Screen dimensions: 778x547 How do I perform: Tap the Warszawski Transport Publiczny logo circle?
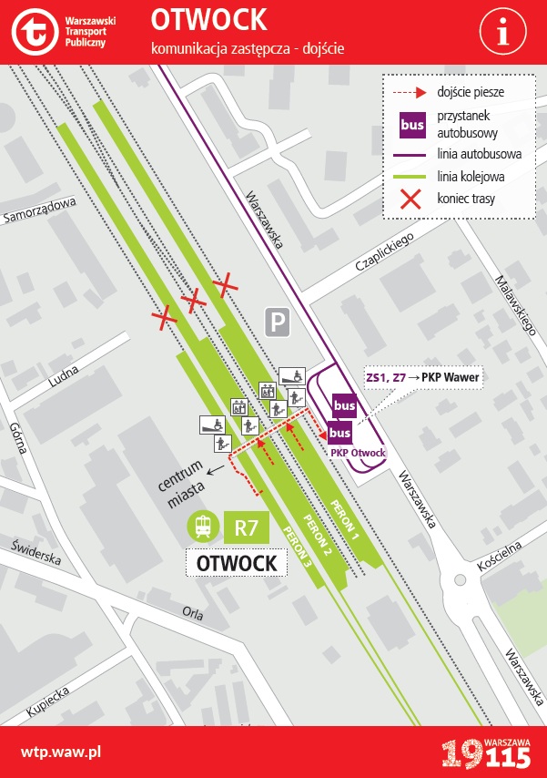tap(34, 33)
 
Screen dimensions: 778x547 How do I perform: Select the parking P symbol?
tap(278, 321)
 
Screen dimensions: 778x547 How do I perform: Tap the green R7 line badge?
tap(247, 527)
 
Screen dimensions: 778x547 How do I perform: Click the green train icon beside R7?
tap(203, 526)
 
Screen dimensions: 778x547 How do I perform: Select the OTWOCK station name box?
tap(237, 563)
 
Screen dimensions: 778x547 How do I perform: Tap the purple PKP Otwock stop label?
tap(358, 453)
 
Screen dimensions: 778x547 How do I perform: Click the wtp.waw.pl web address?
tap(60, 752)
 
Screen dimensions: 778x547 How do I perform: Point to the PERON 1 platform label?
tap(344, 522)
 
